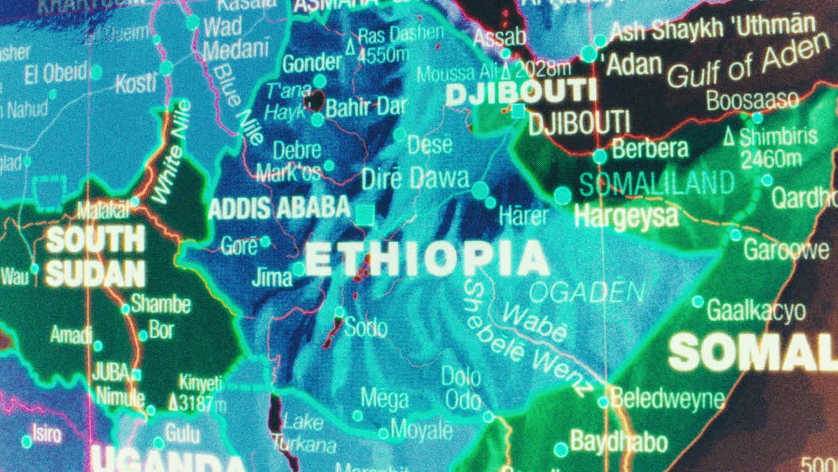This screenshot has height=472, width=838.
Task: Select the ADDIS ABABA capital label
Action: pos(280,208)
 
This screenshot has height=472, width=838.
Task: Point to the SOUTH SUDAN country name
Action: pos(96,256)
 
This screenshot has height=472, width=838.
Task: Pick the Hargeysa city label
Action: pos(626,216)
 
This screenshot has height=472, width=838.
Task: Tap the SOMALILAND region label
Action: pos(656,184)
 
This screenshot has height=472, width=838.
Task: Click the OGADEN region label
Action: pos(587,292)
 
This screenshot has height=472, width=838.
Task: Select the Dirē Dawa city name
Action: pos(416,178)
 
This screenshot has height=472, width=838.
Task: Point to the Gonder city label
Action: pos(312,64)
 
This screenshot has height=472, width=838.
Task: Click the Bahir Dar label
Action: pos(366,107)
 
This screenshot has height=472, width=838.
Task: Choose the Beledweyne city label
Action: pos(668,399)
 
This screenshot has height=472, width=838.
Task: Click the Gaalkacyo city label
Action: pos(757,311)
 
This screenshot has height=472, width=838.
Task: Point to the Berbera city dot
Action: pos(600,156)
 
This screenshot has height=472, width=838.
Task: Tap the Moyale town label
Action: pos(422,431)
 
